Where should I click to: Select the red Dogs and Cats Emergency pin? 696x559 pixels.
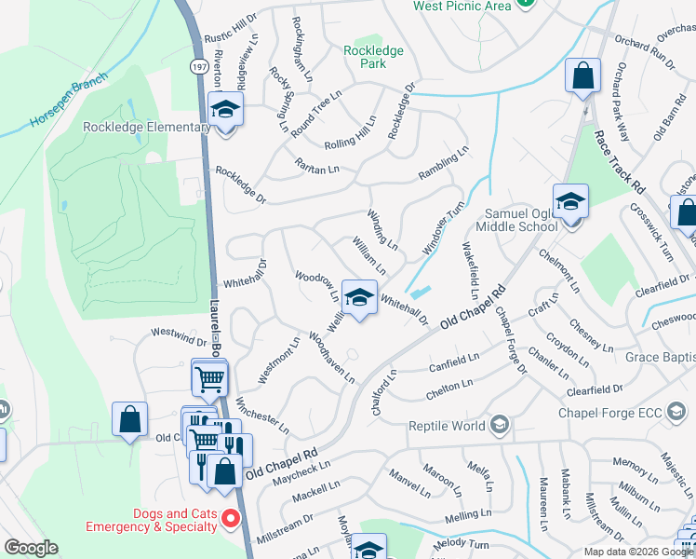[233, 519]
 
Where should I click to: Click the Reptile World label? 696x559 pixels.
[447, 426]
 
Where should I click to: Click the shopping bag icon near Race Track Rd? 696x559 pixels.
[582, 78]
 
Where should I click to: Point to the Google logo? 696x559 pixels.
[31, 548]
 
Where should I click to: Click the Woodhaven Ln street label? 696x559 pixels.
[332, 358]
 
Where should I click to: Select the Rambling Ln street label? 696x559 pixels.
[443, 163]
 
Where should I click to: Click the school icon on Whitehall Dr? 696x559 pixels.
[358, 298]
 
